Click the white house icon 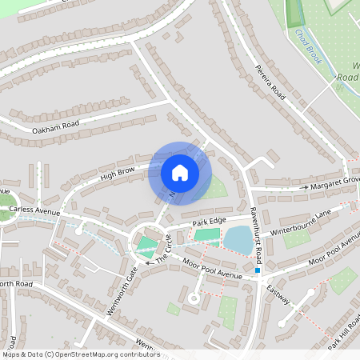click(x=180, y=172)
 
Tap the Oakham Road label click(x=57, y=126)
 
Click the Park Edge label click(x=210, y=220)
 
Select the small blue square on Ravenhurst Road click(x=258, y=271)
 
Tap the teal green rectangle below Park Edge click(x=206, y=235)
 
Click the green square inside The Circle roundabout click(x=146, y=245)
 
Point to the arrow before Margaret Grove click(x=304, y=187)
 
